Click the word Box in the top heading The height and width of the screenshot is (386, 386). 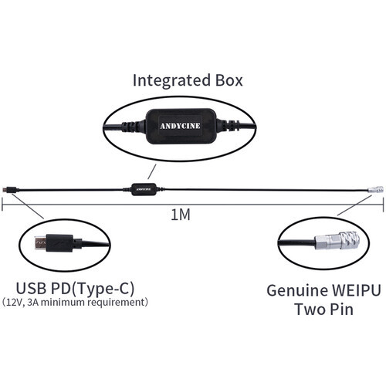(229, 80)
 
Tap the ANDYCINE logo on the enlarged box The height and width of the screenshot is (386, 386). (180, 126)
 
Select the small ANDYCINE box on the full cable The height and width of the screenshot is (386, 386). (144, 189)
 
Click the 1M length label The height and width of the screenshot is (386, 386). (181, 215)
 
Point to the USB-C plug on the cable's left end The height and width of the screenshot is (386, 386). (11, 190)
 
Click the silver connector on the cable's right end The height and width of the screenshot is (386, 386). (375, 190)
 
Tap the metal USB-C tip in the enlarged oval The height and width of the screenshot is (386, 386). (40, 243)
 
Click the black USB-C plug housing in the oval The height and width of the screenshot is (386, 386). (59, 243)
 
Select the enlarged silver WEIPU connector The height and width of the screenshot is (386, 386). (337, 241)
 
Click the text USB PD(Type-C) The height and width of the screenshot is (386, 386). (75, 289)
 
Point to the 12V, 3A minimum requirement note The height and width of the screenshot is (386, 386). (75, 302)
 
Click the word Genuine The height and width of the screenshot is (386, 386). (296, 291)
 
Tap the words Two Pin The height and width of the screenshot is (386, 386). (323, 309)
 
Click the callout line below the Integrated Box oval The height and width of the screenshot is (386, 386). (152, 171)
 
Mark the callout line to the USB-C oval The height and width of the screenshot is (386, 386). (28, 206)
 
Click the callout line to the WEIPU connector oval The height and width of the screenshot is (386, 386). (354, 205)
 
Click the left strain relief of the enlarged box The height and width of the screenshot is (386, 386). (134, 126)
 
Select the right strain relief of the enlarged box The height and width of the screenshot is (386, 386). (226, 125)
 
